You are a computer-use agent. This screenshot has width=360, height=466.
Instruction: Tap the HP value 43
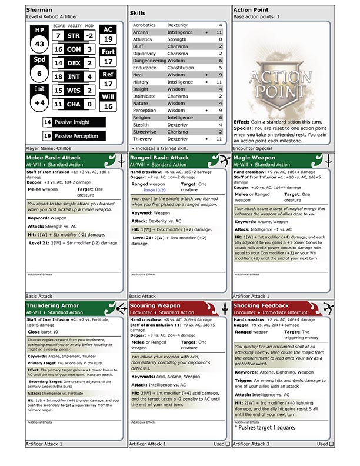point(39,44)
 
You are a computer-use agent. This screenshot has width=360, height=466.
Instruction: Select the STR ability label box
point(74,35)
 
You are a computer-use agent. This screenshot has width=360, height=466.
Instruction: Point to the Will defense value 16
point(108,106)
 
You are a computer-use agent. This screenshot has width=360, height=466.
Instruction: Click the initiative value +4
point(39,102)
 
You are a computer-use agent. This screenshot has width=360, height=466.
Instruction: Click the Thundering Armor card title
point(54,306)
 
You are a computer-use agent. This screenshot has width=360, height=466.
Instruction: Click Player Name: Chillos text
point(50,148)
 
